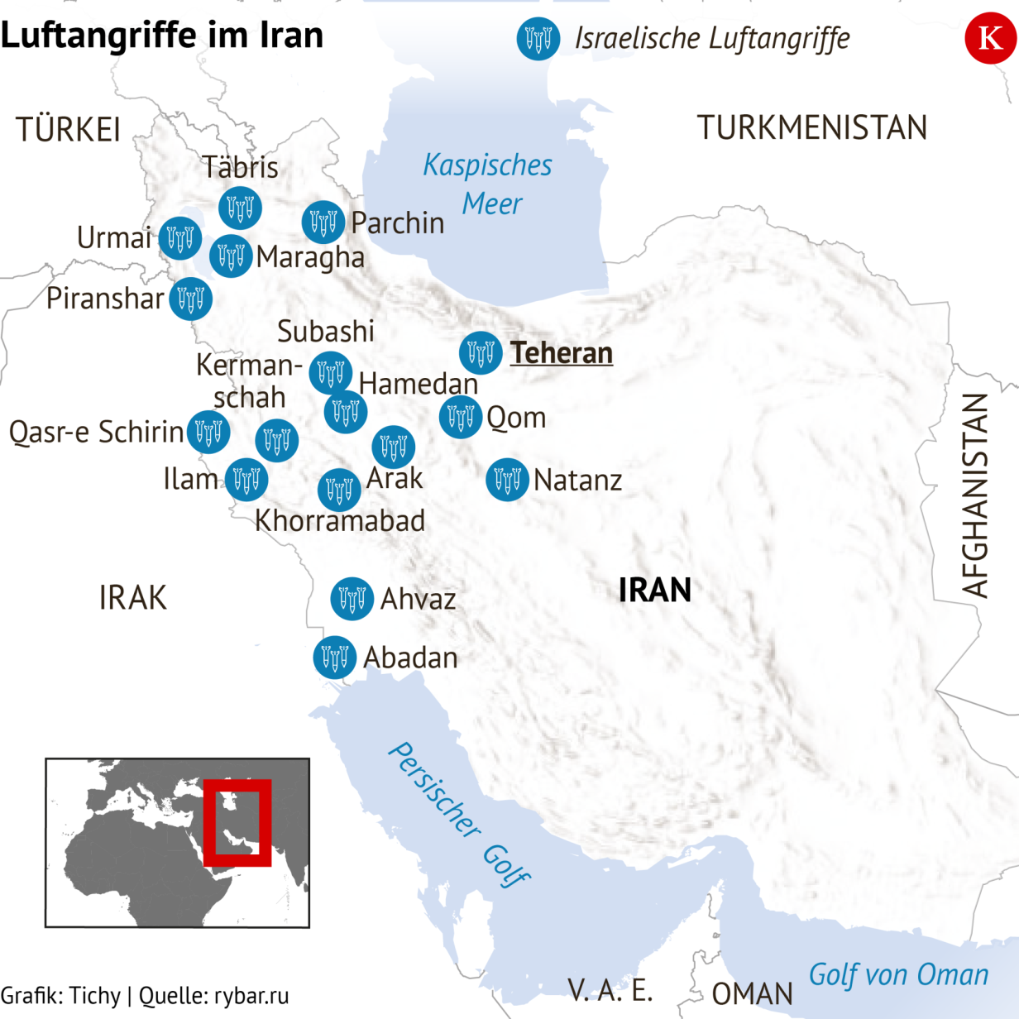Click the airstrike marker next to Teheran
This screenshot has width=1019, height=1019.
tap(481, 353)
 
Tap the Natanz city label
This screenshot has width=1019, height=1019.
tap(577, 480)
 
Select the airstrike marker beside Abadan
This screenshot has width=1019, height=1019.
tap(335, 658)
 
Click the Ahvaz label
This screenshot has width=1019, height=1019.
tap(418, 599)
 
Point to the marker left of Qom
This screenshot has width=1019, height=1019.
tap(461, 417)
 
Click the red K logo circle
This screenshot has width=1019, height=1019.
tap(990, 38)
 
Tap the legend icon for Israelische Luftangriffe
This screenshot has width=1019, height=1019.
tap(538, 38)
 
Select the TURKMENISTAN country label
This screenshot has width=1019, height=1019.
tap(811, 128)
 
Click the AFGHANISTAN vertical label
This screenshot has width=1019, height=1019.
tap(976, 495)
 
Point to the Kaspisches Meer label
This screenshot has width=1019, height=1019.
tap(488, 184)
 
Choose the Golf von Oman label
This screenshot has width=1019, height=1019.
tap(898, 975)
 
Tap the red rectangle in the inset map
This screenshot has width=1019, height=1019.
tap(237, 822)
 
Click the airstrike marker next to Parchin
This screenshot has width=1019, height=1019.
tap(323, 222)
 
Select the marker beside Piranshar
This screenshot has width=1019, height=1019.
tap(191, 299)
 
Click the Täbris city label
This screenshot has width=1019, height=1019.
tap(240, 167)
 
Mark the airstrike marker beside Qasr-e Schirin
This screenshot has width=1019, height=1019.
tap(208, 432)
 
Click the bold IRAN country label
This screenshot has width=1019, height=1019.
tap(655, 591)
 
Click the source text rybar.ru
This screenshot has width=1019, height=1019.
tap(251, 996)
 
